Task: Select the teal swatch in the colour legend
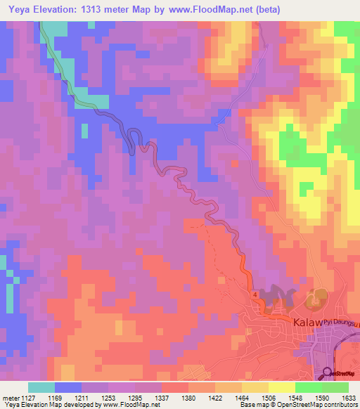click(x=41, y=387)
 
